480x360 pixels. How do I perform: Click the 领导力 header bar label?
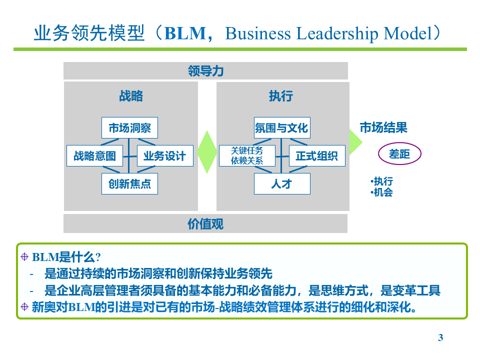click(x=205, y=71)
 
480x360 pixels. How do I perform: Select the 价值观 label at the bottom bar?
click(x=205, y=223)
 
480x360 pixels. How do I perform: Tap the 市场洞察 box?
click(x=129, y=127)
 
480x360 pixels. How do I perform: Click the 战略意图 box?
click(x=94, y=155)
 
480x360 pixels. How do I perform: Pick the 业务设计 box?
click(x=164, y=155)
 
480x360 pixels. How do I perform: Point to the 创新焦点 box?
click(x=129, y=183)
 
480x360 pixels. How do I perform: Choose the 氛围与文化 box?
click(x=281, y=127)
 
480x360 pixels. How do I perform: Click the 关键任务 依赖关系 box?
click(x=246, y=155)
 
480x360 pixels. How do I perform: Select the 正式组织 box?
click(x=316, y=155)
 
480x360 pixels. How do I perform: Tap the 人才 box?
click(x=281, y=183)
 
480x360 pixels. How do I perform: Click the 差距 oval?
click(x=399, y=154)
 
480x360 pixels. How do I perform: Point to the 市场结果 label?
click(x=383, y=127)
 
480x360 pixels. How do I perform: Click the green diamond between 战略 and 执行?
click(x=207, y=152)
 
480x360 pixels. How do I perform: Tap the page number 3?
click(x=440, y=337)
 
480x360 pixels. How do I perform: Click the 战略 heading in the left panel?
click(x=131, y=96)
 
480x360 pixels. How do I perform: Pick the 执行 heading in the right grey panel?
click(x=281, y=96)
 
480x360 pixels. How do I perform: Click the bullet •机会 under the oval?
click(x=382, y=192)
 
